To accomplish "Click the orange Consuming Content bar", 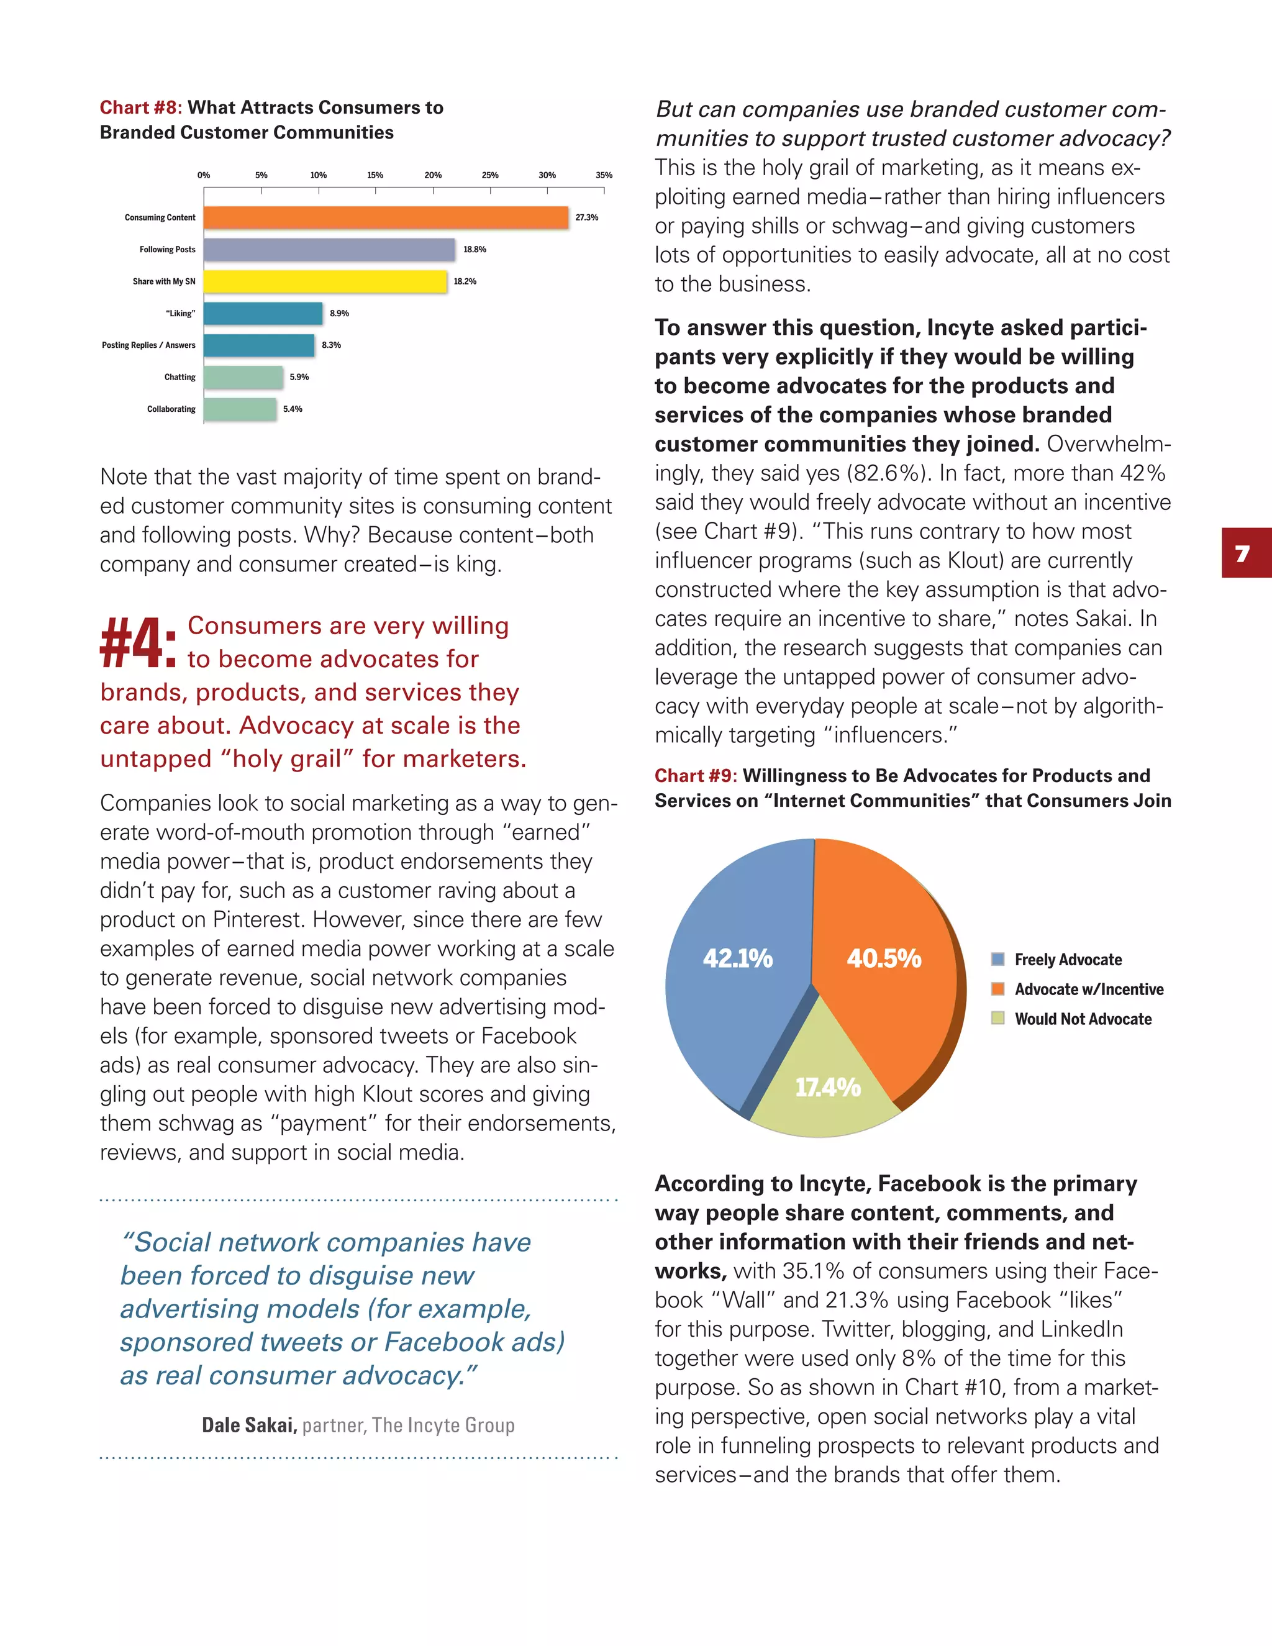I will click(x=386, y=218).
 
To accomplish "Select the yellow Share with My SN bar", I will click(x=325, y=282).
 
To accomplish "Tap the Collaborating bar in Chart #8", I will click(x=240, y=409).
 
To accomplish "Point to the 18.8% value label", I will click(x=475, y=250).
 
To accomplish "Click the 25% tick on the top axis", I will click(x=490, y=176).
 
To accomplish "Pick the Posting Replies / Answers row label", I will click(x=148, y=345).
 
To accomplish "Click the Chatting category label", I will click(x=179, y=377).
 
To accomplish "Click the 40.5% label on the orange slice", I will click(x=883, y=958).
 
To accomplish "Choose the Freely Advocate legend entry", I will click(x=1067, y=960).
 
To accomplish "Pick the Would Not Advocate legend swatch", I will click(x=997, y=1018).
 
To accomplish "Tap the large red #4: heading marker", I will click(x=139, y=643).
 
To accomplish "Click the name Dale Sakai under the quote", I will click(x=248, y=1425).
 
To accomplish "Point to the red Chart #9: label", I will click(x=695, y=776).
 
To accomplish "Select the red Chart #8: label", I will click(x=140, y=108).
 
